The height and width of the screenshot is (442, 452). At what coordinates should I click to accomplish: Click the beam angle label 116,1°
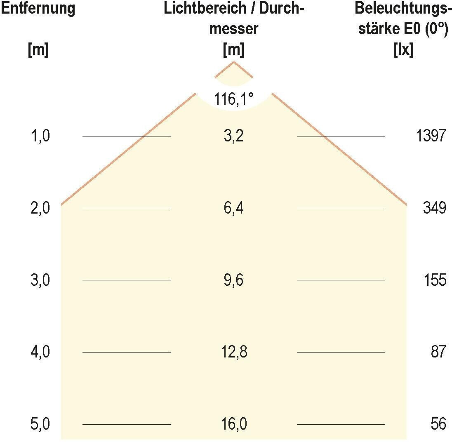pos(234,99)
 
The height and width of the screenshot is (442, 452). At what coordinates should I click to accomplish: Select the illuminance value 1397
pos(431,136)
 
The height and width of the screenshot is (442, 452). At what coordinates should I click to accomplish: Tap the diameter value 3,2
pos(234,136)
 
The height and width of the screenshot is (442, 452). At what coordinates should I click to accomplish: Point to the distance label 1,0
pos(40,136)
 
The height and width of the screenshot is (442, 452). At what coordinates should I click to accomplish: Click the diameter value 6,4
pos(234,208)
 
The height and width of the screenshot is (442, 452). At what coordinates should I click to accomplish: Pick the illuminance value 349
pos(434,208)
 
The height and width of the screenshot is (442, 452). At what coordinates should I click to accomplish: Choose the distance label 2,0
pos(40,208)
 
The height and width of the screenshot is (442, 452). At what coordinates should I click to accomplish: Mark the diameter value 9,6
pos(234,280)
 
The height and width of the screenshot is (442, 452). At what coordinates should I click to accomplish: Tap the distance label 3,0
pos(40,280)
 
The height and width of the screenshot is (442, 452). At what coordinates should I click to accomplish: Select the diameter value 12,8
pos(234,353)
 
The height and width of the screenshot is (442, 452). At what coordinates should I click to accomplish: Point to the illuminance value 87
pos(438,353)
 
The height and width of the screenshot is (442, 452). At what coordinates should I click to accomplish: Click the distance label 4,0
pos(40,353)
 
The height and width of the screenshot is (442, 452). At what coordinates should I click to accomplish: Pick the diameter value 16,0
pos(234,424)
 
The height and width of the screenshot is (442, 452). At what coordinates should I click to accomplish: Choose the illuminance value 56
pos(438,424)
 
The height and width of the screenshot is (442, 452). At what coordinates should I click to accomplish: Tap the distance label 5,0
pos(40,424)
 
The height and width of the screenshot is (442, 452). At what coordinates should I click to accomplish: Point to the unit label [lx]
pos(403,51)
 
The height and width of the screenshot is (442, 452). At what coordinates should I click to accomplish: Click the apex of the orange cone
pos(234,62)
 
